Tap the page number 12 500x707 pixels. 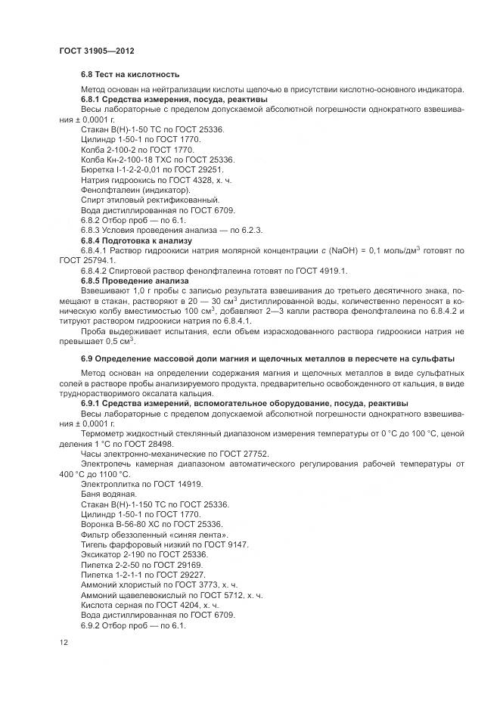(64, 642)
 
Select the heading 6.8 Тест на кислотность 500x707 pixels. (130, 74)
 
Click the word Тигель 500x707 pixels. (94, 544)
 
